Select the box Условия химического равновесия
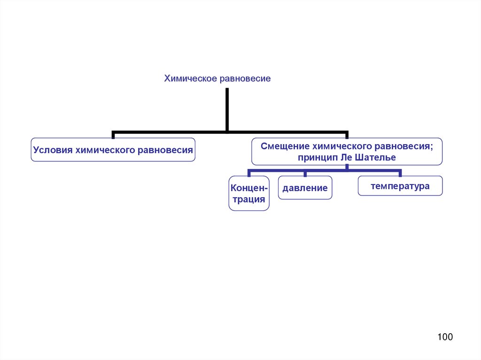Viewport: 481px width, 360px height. (x=113, y=150)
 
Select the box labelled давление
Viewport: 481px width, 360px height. (x=305, y=188)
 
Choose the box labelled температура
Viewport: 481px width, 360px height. (x=400, y=186)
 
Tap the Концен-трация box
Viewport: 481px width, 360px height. (x=249, y=193)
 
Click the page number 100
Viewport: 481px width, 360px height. (x=445, y=337)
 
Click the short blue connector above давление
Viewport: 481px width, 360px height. (x=305, y=173)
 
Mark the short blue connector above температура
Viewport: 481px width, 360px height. (x=400, y=173)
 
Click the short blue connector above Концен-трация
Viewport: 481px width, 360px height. (x=249, y=173)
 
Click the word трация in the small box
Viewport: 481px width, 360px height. (x=249, y=199)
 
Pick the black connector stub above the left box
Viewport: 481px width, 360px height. (x=113, y=135)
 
